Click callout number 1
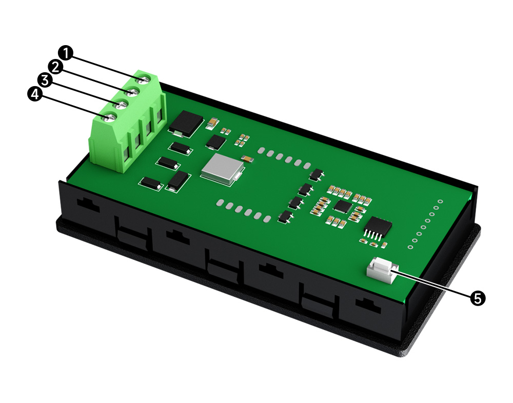tap(66, 53)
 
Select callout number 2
tap(55, 67)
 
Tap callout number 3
tap(45, 80)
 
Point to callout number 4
tap(35, 94)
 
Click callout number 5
tap(478, 298)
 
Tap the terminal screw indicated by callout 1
tap(144, 79)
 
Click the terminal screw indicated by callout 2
tap(133, 92)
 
